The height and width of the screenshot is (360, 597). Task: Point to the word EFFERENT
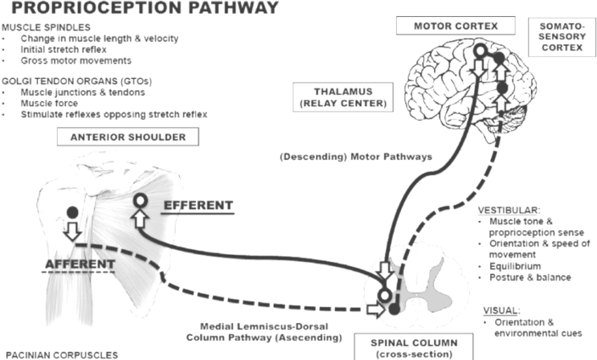[198, 206]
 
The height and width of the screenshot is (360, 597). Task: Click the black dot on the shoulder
[72, 213]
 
